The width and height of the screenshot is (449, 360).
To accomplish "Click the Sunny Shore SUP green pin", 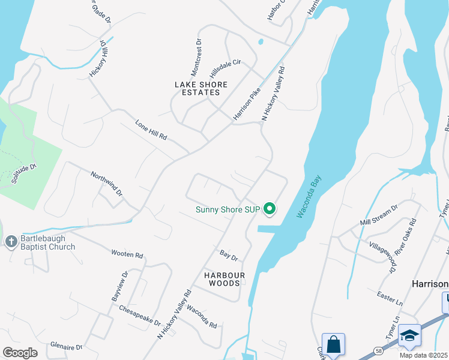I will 270,209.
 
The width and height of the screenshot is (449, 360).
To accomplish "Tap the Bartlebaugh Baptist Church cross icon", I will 10,242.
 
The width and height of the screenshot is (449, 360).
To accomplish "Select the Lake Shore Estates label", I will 197,88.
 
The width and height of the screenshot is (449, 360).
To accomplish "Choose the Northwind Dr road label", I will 106,184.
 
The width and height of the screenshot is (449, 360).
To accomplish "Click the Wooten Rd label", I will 127,254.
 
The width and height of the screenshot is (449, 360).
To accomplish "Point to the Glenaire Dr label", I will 66,347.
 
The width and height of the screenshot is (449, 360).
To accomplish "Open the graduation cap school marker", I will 409,336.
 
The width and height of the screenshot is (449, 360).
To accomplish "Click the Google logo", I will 20,352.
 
